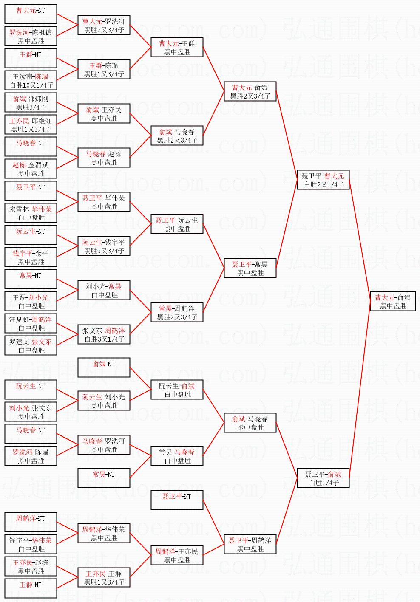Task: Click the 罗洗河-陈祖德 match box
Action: pyautogui.click(x=31, y=37)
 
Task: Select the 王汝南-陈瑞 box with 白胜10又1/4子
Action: pyautogui.click(x=31, y=81)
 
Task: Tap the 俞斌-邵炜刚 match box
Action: pyautogui.click(x=31, y=103)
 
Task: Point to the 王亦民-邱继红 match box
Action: pyautogui.click(x=31, y=125)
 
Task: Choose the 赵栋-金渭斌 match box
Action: pyautogui.click(x=31, y=169)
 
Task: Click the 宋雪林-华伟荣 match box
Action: pyautogui.click(x=31, y=213)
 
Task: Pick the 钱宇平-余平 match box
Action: pyautogui.click(x=31, y=257)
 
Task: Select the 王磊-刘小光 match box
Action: pyautogui.click(x=31, y=302)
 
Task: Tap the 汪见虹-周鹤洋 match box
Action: pyautogui.click(x=31, y=324)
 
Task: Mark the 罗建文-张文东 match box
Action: pyautogui.click(x=31, y=346)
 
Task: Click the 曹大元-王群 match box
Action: pyautogui.click(x=177, y=48)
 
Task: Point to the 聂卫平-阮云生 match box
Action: pyautogui.click(x=177, y=224)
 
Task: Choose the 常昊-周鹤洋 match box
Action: pyautogui.click(x=177, y=313)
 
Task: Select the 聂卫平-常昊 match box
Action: pyautogui.click(x=250, y=268)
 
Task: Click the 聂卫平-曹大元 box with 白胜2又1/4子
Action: pyautogui.click(x=323, y=180)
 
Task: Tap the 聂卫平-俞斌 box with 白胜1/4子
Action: pyautogui.click(x=323, y=478)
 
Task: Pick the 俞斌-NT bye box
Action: pyautogui.click(x=104, y=368)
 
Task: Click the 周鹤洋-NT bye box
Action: pyautogui.click(x=31, y=523)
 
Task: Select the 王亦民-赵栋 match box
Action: pyautogui.click(x=31, y=567)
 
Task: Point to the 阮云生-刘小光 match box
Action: pyautogui.click(x=104, y=401)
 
